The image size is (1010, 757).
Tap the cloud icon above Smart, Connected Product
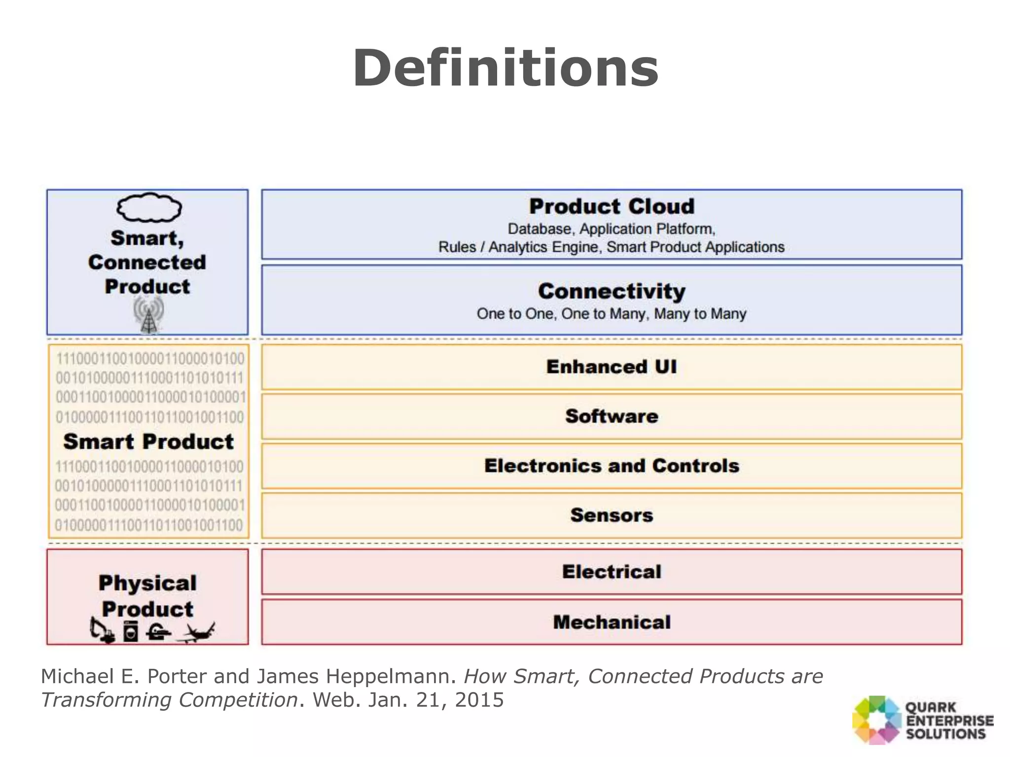(149, 207)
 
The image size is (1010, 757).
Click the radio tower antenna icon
(148, 315)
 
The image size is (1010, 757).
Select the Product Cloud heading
(612, 206)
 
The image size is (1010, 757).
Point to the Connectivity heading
(612, 291)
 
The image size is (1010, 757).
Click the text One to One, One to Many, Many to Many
(612, 314)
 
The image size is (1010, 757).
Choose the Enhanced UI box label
(612, 367)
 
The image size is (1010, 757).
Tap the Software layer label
(612, 416)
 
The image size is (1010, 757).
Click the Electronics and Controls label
(612, 466)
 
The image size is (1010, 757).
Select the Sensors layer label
(612, 515)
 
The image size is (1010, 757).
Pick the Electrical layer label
(612, 572)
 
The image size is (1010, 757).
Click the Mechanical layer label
(612, 622)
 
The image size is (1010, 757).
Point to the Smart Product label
(148, 442)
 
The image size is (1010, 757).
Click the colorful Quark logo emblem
(876, 720)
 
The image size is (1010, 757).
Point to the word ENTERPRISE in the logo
(950, 721)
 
